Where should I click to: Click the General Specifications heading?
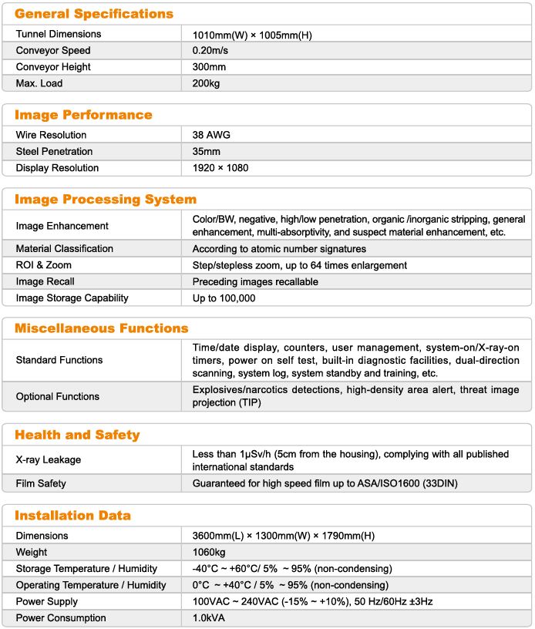[94, 14]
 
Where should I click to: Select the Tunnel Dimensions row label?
[59, 34]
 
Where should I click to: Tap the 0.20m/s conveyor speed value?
[210, 51]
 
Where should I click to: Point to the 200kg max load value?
[206, 83]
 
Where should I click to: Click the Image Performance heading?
[84, 115]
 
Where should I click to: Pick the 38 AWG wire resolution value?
[211, 135]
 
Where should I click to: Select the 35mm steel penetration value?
[207, 152]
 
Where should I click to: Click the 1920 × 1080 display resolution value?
[220, 168]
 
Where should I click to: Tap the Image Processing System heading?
[106, 200]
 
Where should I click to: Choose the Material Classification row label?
[65, 249]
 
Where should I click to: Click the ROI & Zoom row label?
[45, 265]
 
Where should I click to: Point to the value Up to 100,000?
[224, 298]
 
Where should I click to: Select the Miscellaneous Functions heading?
[102, 328]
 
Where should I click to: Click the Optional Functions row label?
[58, 396]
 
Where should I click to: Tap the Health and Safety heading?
[78, 435]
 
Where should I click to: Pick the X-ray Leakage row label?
[49, 460]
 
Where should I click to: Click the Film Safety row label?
[41, 484]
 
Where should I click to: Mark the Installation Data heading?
[73, 516]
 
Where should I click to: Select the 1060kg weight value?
[209, 553]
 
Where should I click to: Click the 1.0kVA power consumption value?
[210, 618]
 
